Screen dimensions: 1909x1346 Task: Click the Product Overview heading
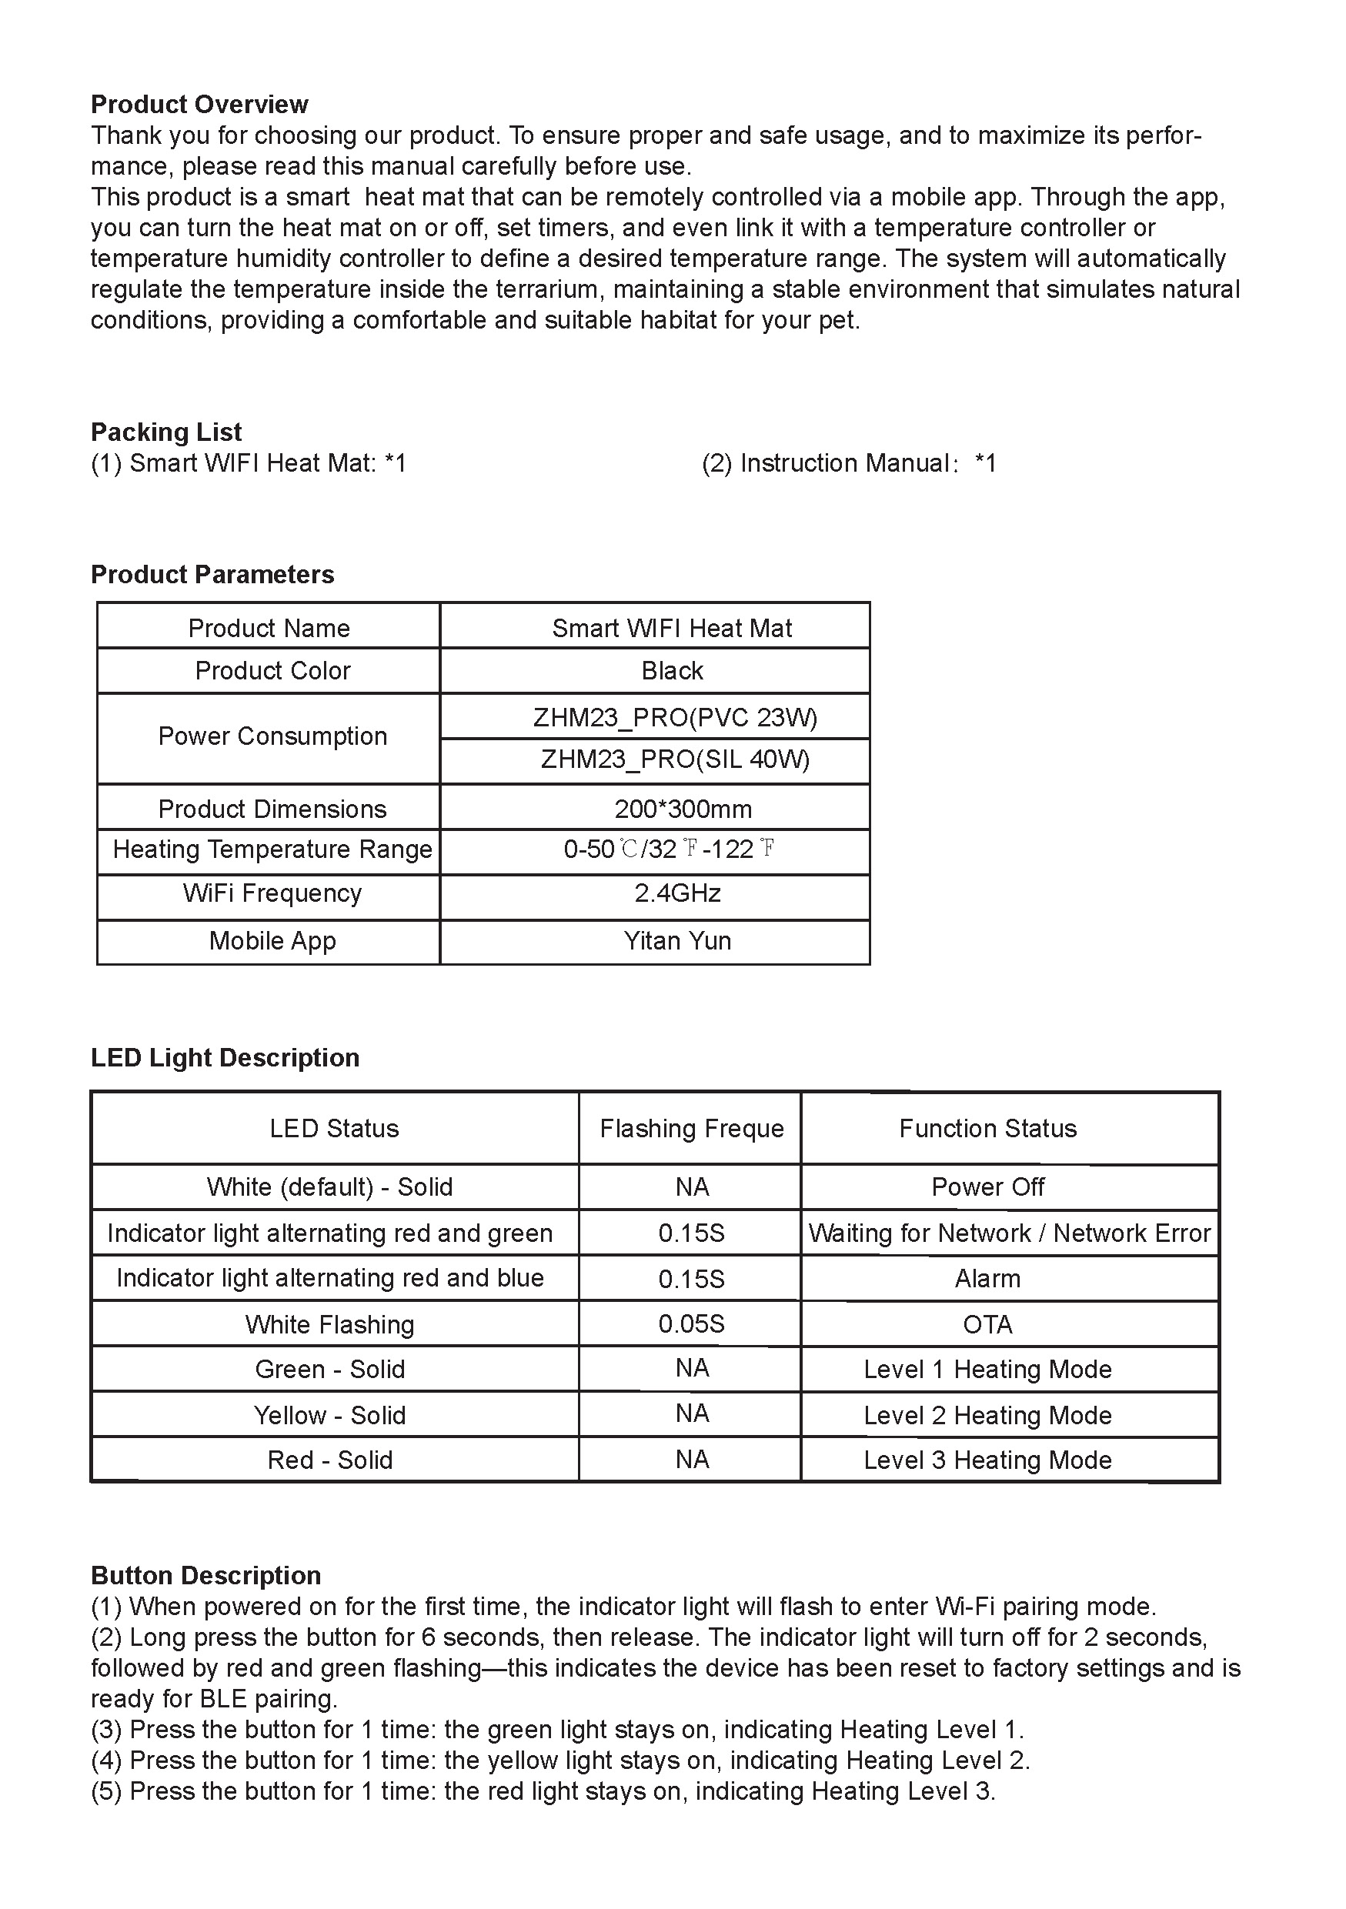[x=199, y=104]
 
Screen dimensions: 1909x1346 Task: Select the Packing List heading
[x=166, y=432]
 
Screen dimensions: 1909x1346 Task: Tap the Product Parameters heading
[x=212, y=574]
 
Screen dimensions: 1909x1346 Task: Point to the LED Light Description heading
[x=225, y=1056]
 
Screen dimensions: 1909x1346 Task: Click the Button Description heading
[x=205, y=1575]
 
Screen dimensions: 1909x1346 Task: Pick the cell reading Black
[x=672, y=670]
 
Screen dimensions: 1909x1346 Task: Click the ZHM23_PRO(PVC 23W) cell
[x=674, y=716]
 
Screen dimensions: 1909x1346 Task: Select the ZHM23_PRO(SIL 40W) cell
[x=674, y=759]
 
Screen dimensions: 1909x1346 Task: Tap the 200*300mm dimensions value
[x=683, y=808]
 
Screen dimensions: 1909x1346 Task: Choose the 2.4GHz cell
[x=676, y=893]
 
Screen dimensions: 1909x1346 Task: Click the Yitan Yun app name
[x=676, y=940]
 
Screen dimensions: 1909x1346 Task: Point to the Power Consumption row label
[x=272, y=736]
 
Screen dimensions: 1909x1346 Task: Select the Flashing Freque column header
[x=691, y=1127]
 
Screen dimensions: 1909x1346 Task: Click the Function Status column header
[x=987, y=1127]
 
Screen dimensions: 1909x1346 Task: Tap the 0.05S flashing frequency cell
[x=691, y=1323]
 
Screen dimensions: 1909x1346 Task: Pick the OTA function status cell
[x=987, y=1323]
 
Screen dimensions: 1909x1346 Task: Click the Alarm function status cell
[x=987, y=1278]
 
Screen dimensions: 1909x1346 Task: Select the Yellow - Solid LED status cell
[x=329, y=1414]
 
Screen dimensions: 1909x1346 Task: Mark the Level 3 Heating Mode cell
[x=987, y=1459]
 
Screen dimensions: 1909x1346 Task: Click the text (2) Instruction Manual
[x=848, y=462]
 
